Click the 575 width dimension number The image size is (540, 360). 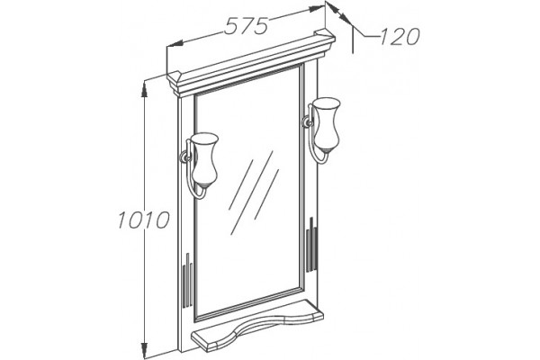click(246, 26)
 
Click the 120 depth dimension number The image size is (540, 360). click(400, 36)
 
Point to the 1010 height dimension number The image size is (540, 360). click(144, 220)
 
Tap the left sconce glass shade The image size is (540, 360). click(204, 160)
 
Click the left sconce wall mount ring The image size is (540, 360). click(185, 158)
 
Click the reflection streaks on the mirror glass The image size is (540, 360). click(254, 193)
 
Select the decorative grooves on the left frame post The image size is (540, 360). click(188, 280)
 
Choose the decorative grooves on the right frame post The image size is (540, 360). click(311, 245)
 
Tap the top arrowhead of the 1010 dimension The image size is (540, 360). click(145, 89)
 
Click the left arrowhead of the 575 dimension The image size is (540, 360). click(175, 44)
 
